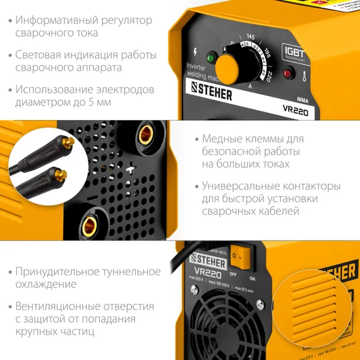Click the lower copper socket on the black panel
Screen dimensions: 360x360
(x=92, y=224)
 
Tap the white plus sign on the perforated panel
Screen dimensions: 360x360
(x=130, y=169)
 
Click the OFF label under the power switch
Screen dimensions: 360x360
(x=233, y=274)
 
